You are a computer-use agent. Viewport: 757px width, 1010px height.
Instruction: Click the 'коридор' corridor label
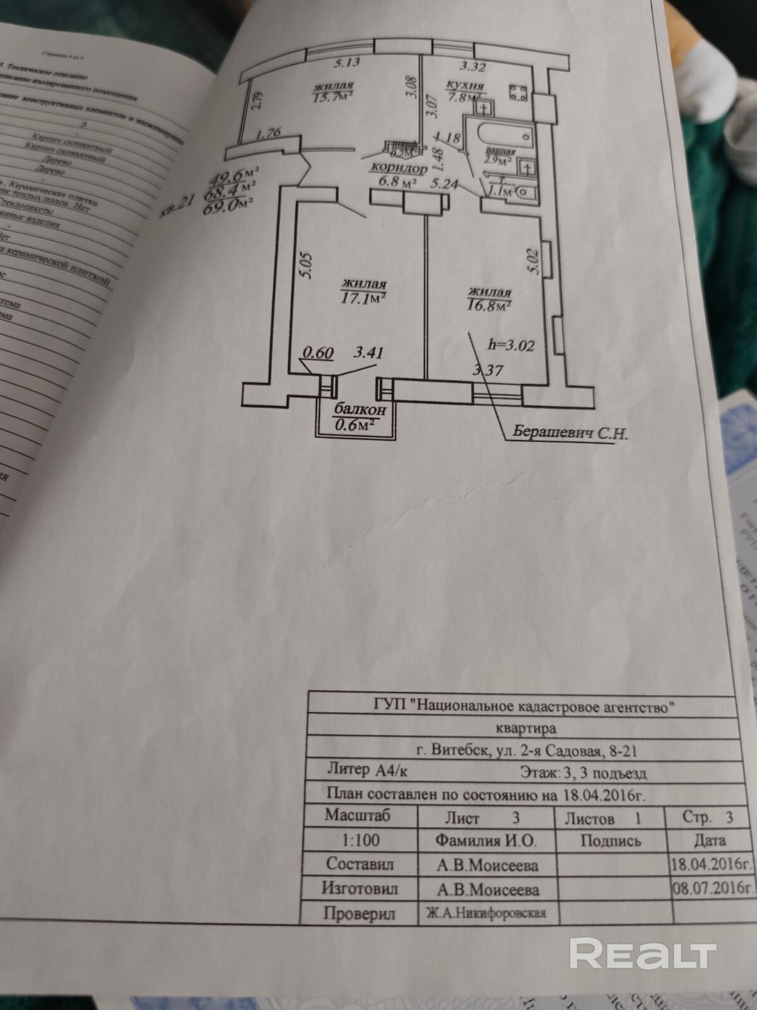coord(399,169)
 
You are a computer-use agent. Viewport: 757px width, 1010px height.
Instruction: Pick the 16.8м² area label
coord(489,306)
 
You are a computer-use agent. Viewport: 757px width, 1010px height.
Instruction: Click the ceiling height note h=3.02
coord(512,345)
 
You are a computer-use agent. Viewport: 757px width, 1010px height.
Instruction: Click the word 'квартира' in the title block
coord(526,728)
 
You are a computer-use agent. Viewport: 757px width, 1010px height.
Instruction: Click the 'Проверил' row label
coord(359,913)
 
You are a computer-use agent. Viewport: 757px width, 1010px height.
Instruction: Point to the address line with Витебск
coord(522,750)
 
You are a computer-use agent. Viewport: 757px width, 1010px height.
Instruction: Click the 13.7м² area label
coord(333,95)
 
